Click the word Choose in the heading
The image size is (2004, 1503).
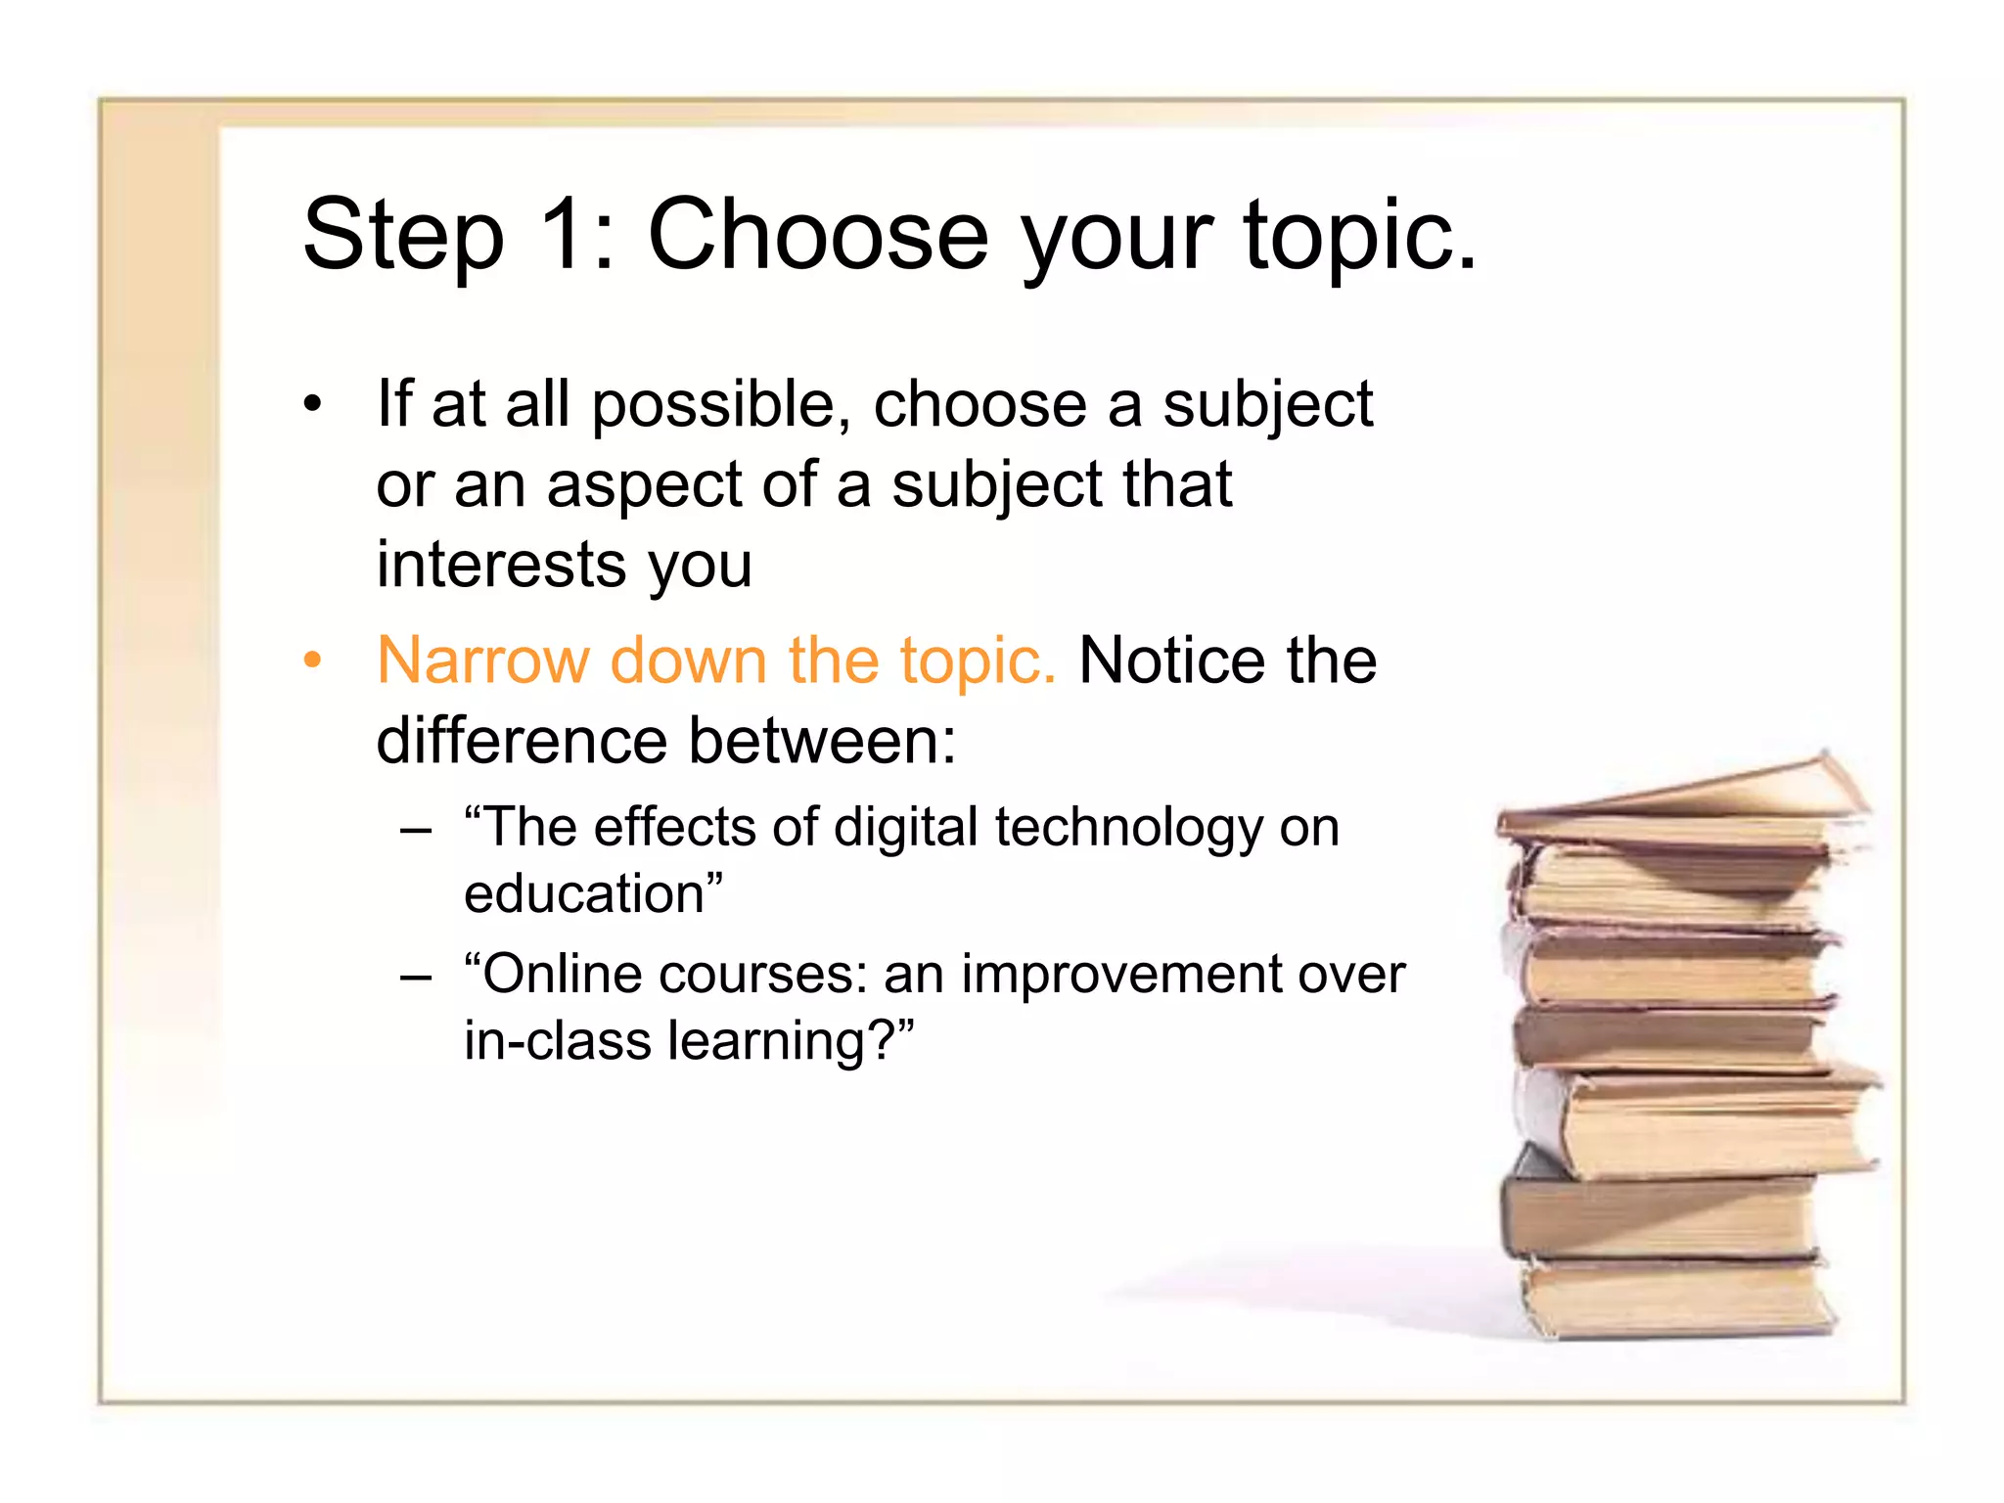pyautogui.click(x=818, y=235)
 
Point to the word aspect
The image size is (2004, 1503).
pyautogui.click(x=645, y=486)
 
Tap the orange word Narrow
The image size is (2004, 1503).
pyautogui.click(x=482, y=660)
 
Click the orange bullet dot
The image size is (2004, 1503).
pyautogui.click(x=312, y=660)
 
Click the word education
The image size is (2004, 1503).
pyautogui.click(x=584, y=894)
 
